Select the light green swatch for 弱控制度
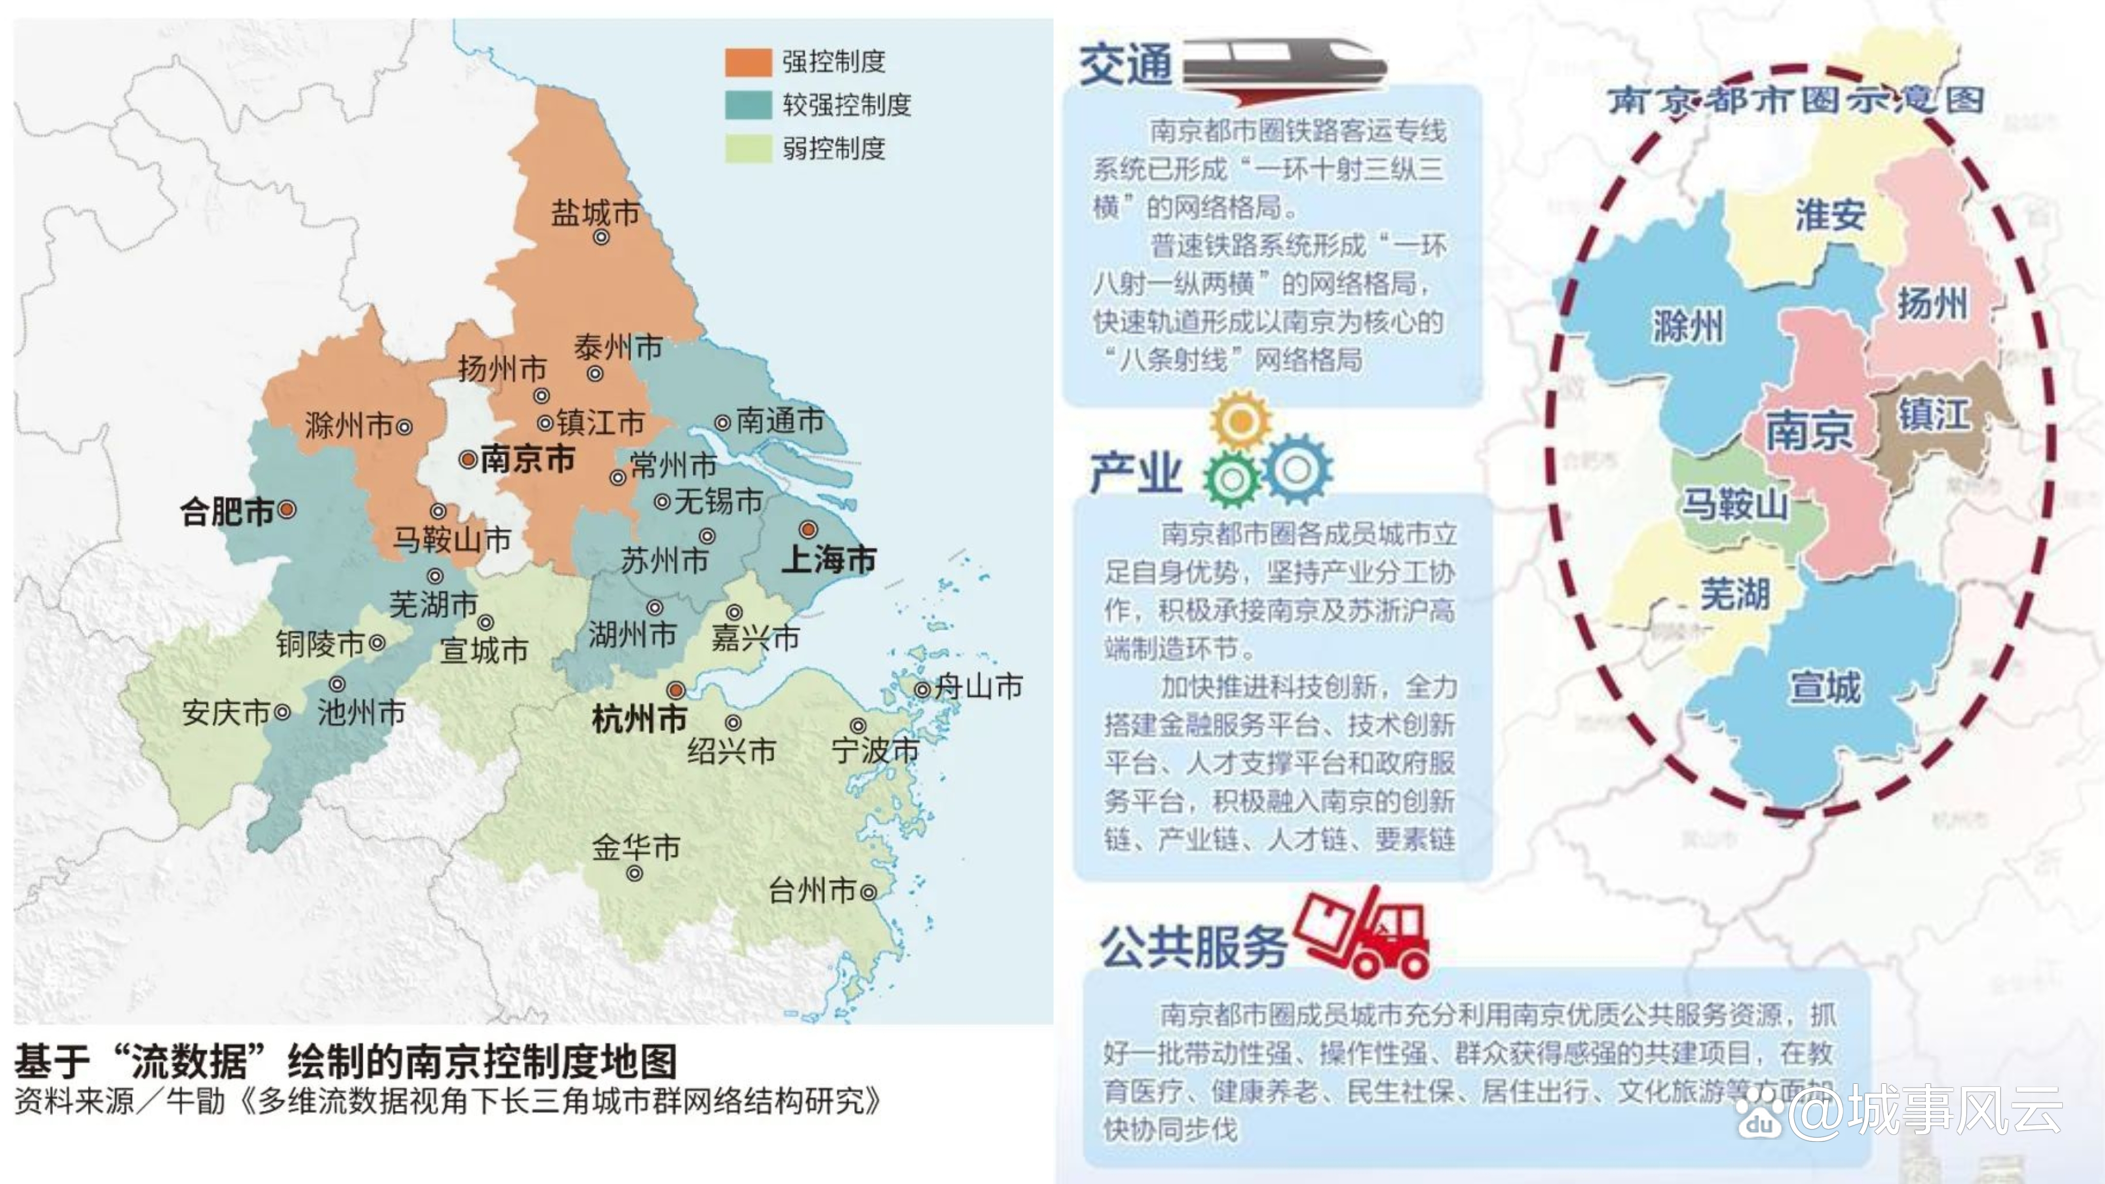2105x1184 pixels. point(748,149)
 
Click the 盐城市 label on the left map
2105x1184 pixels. point(594,213)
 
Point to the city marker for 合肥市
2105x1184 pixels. point(287,510)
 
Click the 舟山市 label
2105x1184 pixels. point(978,687)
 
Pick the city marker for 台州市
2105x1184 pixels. point(869,892)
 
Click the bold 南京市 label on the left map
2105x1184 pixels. point(527,459)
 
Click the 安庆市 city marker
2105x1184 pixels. point(282,713)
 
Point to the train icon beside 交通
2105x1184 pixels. point(1283,69)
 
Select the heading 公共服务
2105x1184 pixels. point(1193,948)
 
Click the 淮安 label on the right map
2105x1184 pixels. point(1830,215)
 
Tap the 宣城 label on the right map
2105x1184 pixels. point(1825,687)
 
